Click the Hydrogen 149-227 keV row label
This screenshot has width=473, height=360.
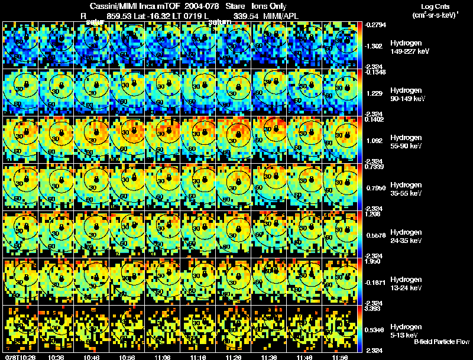pos(405,47)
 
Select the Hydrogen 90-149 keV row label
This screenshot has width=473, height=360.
pos(405,95)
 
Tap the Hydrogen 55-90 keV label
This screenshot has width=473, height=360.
pos(405,142)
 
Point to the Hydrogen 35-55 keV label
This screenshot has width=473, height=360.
pos(405,189)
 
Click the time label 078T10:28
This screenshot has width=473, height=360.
pos(18,357)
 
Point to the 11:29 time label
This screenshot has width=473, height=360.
pos(235,357)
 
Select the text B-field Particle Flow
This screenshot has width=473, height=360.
pos(442,342)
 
